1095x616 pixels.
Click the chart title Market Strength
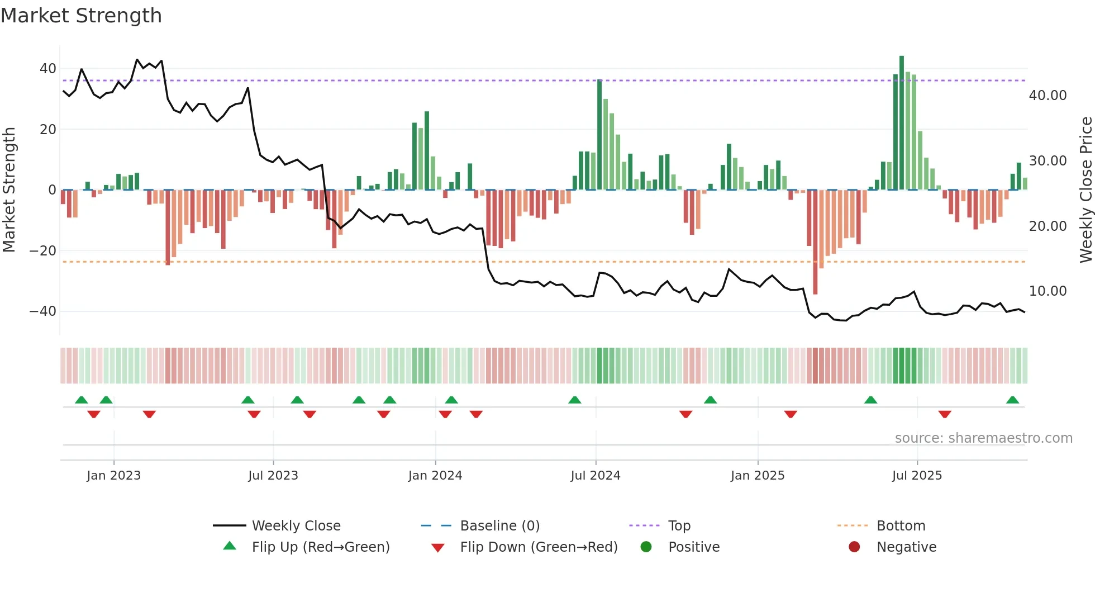pos(82,16)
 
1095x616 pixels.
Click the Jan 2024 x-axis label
pos(435,476)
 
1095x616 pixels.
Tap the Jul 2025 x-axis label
pos(917,476)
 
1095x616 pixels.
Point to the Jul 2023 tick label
pos(273,476)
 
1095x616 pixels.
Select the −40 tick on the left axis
pos(43,311)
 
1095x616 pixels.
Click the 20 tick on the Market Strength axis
pos(47,129)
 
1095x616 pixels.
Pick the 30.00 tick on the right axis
pos(1048,161)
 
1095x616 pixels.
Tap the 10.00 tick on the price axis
pos(1048,291)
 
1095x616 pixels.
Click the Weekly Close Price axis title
pos(1086,190)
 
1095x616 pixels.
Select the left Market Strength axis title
pos(9,190)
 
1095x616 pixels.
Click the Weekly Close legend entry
pos(296,526)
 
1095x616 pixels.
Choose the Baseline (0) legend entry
pos(499,526)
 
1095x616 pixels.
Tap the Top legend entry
pos(679,526)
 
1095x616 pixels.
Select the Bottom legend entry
pos(901,526)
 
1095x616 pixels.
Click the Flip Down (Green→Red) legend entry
pos(539,547)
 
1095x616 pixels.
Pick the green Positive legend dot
pos(646,547)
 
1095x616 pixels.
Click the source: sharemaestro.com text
pos(983,438)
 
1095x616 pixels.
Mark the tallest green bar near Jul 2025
pos(902,123)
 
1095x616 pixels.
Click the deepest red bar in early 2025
pos(815,241)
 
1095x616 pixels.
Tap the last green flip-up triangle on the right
pos(1012,400)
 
